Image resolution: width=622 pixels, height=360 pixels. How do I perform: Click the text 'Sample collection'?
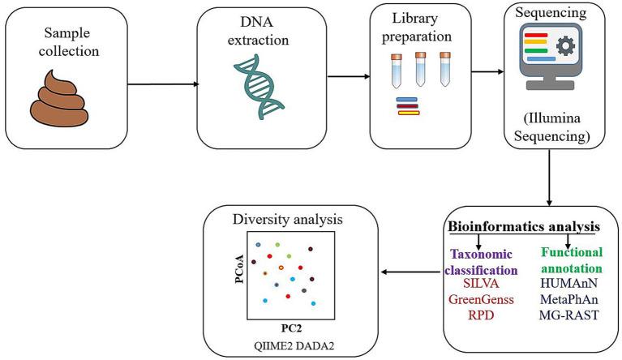click(64, 45)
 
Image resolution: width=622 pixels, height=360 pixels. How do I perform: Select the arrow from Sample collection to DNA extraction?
click(162, 82)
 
